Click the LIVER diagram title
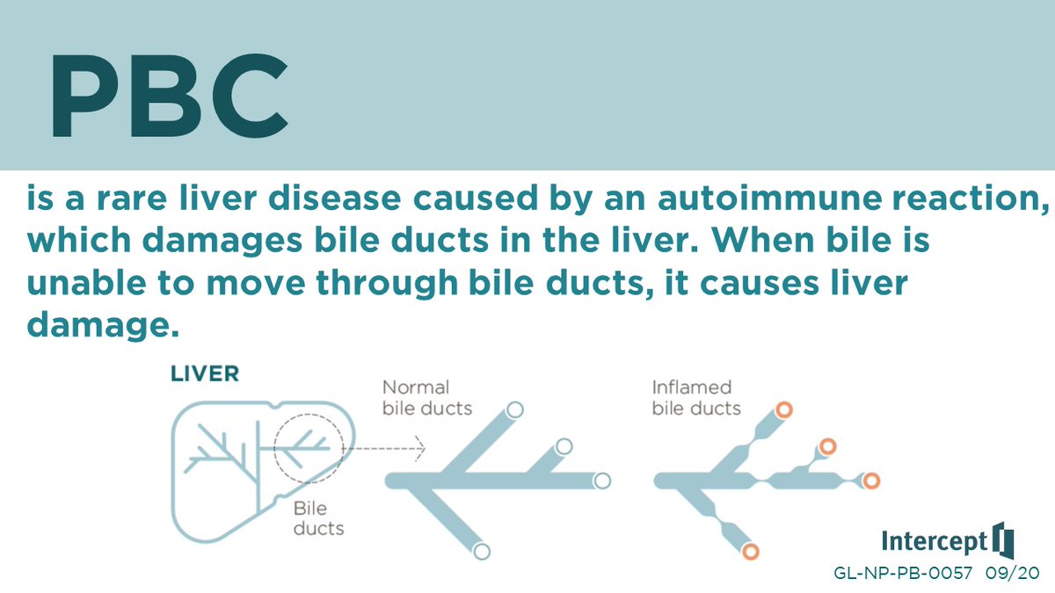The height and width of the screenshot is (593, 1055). pos(205,373)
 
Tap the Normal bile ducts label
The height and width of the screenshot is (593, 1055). pos(427,397)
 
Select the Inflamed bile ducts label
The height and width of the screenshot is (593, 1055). pos(696,397)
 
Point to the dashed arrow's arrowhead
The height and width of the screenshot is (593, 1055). pos(420,449)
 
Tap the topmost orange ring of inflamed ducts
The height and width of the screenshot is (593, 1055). pos(783,409)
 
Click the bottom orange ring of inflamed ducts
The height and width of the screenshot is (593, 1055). pos(750,552)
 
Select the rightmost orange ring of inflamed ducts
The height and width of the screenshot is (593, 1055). pos(870,481)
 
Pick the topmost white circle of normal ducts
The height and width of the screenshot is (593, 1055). pos(515,409)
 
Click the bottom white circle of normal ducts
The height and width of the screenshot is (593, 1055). pos(481,552)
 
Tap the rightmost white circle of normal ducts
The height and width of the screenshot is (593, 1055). pos(602,481)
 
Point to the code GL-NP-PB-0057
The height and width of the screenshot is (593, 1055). pos(902,573)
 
